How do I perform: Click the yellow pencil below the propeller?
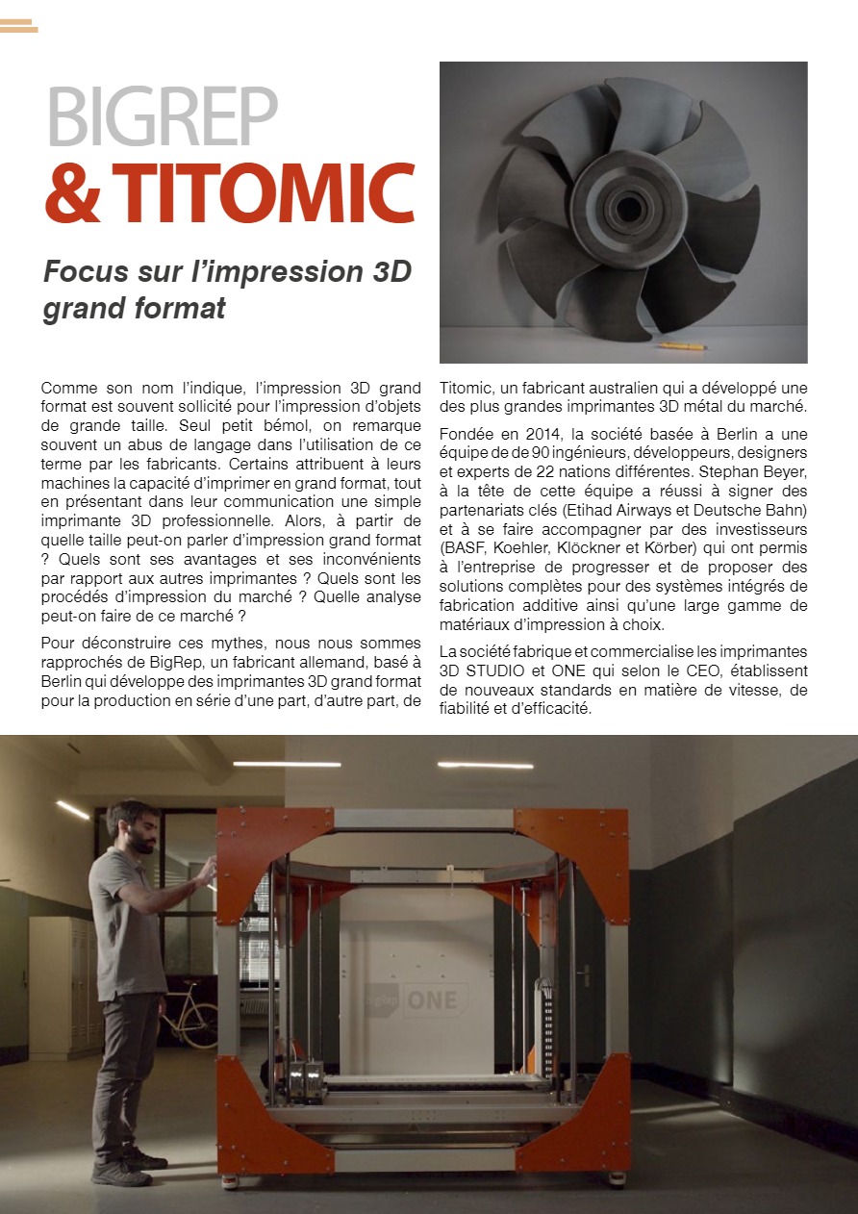(682, 345)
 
